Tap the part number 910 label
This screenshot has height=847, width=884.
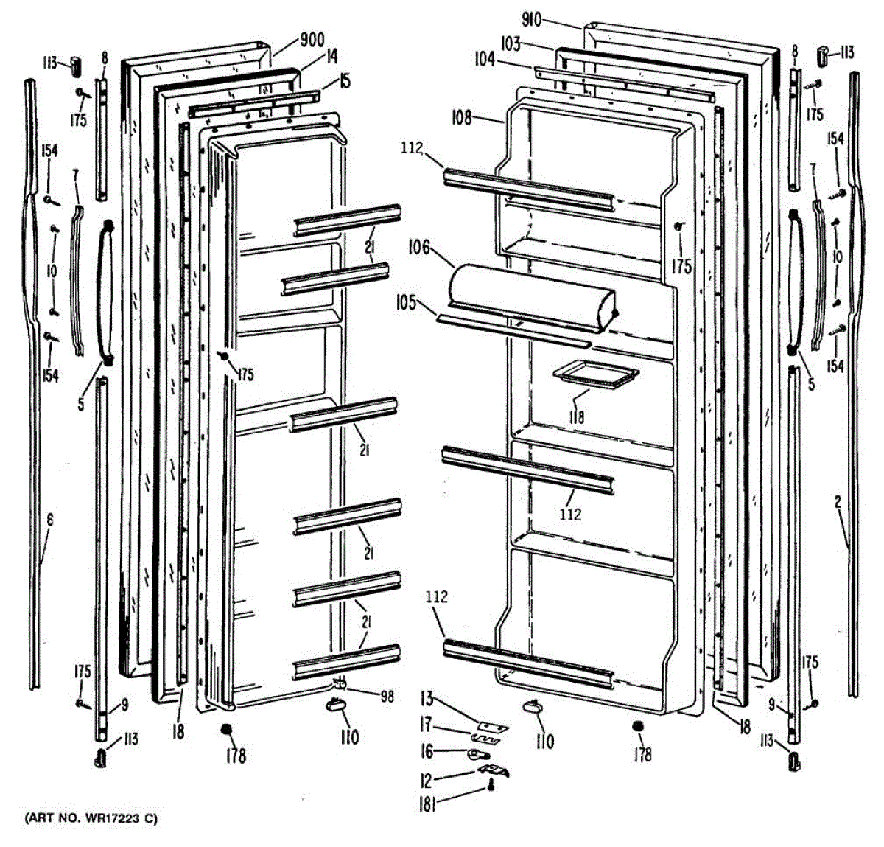531,20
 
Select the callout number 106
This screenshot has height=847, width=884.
419,247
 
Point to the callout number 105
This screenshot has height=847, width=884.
405,303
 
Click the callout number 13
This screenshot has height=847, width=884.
427,697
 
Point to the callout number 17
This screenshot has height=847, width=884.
426,725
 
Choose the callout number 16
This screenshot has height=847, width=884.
427,750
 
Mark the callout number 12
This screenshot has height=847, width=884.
427,778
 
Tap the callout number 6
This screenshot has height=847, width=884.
49,520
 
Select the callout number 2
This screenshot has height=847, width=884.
838,503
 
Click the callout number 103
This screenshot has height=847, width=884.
511,44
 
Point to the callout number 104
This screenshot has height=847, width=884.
484,59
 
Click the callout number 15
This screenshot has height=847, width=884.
345,80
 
